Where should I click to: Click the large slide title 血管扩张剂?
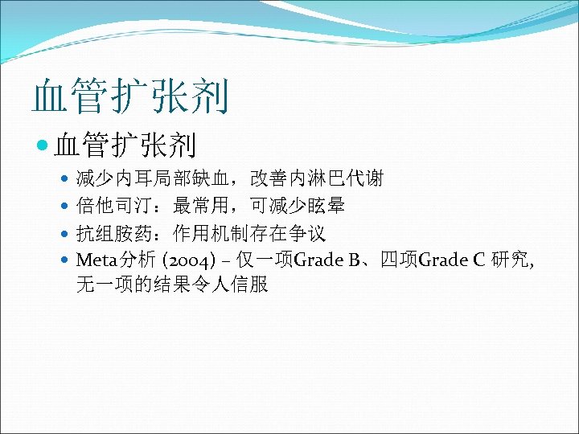pyautogui.click(x=130, y=96)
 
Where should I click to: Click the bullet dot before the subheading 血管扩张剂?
pyautogui.click(x=43, y=145)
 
